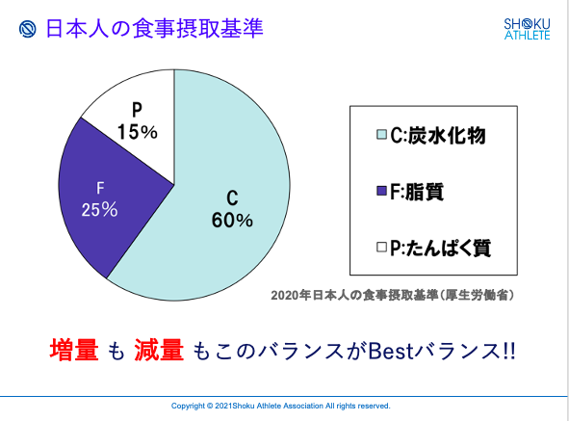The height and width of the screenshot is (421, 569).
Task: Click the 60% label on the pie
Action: click(232, 221)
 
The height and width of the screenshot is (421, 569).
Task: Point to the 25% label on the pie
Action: click(99, 210)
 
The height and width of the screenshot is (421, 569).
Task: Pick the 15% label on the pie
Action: click(137, 131)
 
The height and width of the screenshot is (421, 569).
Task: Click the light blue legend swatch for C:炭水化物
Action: click(381, 134)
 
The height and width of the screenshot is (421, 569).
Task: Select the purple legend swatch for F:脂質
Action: click(381, 191)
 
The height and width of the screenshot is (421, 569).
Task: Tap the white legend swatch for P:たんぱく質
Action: click(381, 248)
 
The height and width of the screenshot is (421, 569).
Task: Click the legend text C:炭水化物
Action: click(438, 136)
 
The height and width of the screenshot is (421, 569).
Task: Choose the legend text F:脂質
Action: click(417, 192)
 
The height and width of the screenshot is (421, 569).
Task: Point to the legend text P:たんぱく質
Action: click(441, 249)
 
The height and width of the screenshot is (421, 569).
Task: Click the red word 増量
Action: click(74, 350)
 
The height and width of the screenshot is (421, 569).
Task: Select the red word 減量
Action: click(159, 350)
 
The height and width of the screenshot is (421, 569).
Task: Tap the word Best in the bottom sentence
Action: click(391, 351)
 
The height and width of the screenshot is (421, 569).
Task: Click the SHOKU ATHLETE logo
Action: click(527, 29)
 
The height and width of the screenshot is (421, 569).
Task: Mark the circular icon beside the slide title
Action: click(28, 29)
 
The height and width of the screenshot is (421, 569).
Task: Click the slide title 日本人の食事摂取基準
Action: click(154, 29)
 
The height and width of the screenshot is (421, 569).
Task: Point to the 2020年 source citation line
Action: click(393, 295)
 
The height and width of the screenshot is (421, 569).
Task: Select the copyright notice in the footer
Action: click(281, 406)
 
